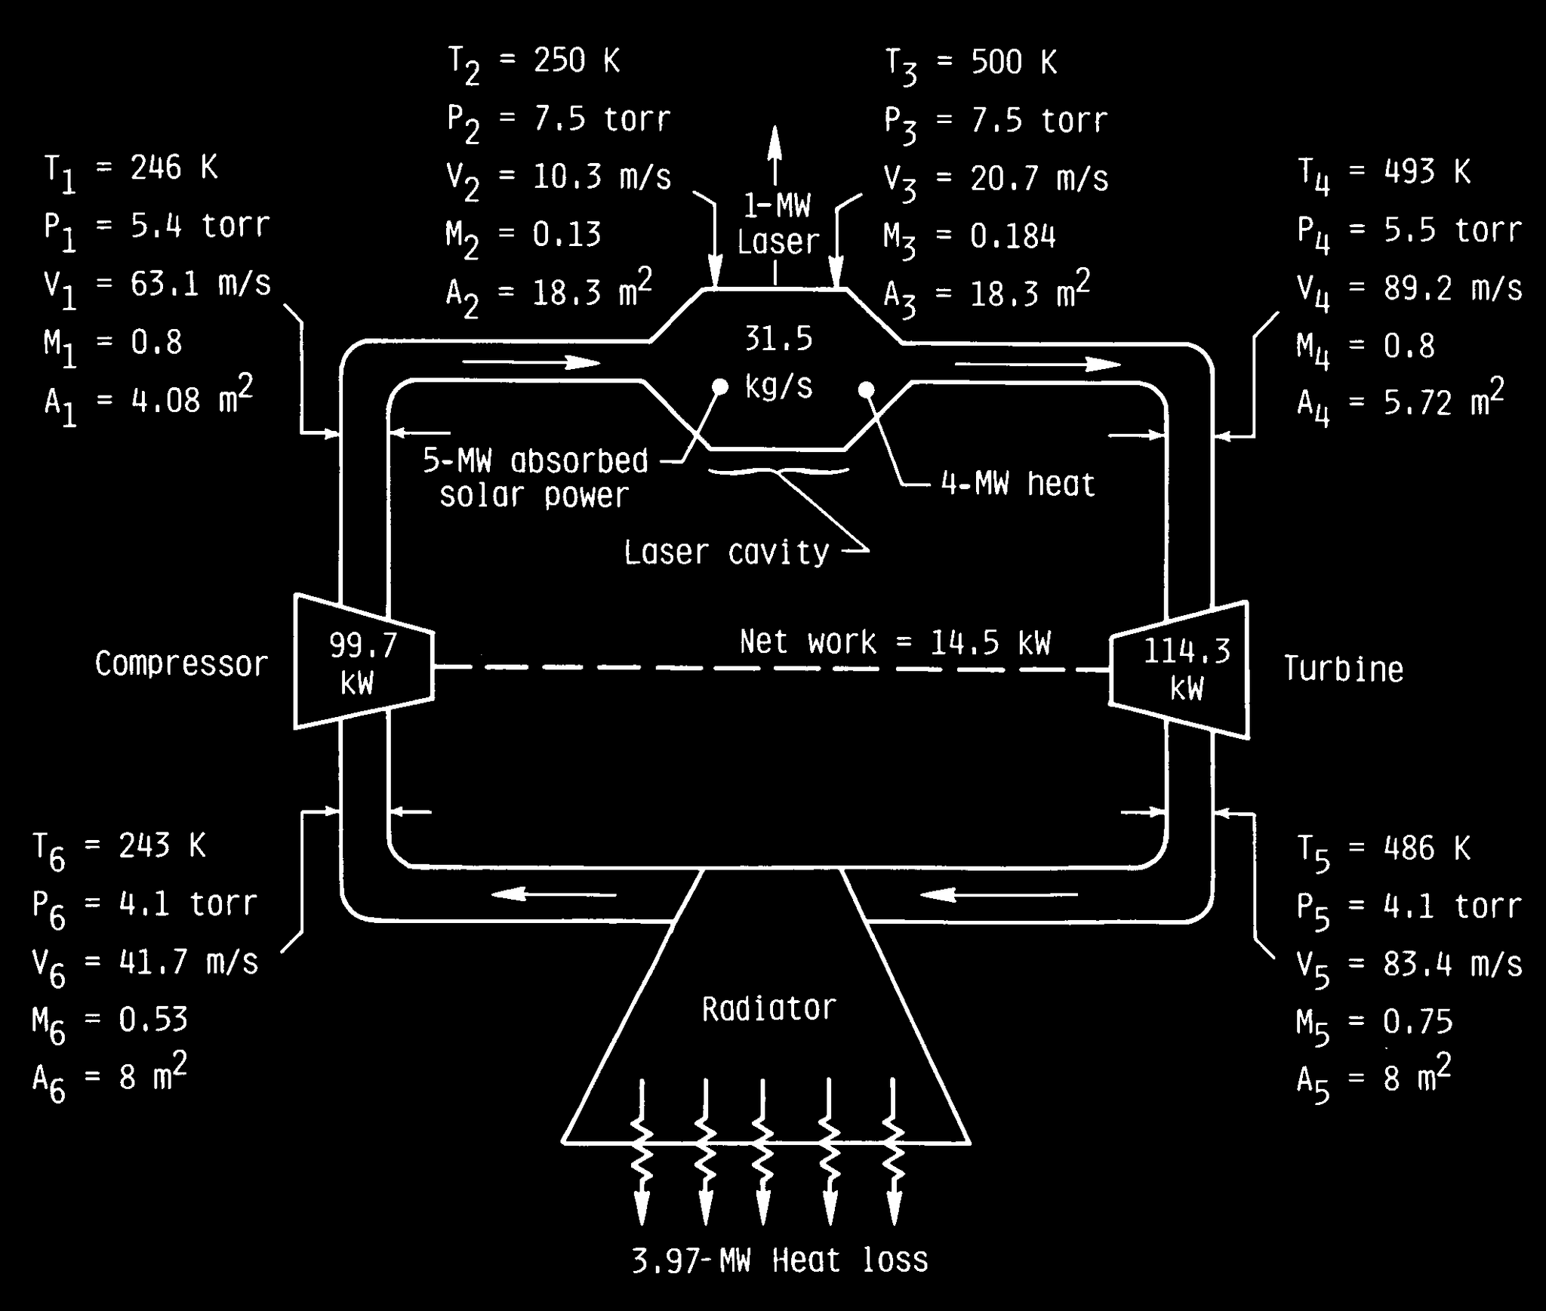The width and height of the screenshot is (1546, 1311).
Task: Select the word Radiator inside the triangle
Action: click(769, 1008)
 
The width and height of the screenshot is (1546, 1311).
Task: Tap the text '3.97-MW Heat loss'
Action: click(780, 1260)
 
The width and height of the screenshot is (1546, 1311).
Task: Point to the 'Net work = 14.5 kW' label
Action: click(895, 642)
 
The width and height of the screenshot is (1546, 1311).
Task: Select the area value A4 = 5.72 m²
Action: click(1400, 401)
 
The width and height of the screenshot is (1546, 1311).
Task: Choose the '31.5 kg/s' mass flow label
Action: click(779, 362)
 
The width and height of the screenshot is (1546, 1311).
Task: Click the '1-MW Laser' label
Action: click(778, 223)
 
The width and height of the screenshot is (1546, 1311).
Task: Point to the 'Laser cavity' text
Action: click(726, 553)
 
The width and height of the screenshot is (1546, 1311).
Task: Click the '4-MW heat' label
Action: click(1018, 483)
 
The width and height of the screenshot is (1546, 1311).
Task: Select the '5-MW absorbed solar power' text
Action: click(535, 478)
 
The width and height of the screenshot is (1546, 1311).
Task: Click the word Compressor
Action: click(181, 665)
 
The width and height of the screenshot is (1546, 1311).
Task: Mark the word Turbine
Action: click(1344, 669)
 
